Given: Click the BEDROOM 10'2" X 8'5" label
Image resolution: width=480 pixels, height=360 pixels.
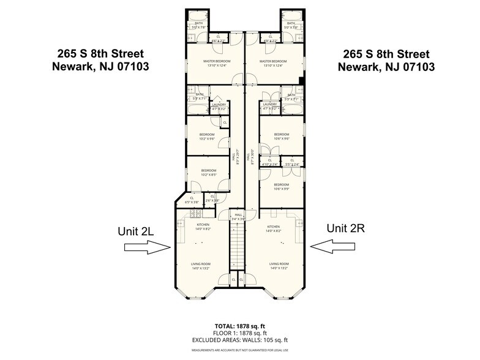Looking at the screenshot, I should click(x=209, y=173).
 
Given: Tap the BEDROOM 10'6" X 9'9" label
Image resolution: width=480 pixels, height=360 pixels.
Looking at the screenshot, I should click(x=281, y=187).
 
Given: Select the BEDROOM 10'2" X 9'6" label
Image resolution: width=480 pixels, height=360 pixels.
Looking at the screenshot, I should click(x=207, y=137).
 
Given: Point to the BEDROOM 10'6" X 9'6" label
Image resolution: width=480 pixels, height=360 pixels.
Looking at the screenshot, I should click(x=281, y=137).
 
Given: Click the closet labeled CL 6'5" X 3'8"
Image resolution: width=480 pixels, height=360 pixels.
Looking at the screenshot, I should click(x=192, y=200).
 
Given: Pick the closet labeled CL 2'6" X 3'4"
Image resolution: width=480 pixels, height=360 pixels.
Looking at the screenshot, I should click(x=212, y=200).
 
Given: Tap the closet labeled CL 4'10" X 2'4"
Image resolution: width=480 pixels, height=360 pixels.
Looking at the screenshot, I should click(x=269, y=162).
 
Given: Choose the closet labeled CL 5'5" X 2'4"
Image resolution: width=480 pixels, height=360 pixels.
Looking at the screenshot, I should click(x=292, y=162).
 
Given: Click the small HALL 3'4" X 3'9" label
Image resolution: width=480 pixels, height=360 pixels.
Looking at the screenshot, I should click(x=239, y=217).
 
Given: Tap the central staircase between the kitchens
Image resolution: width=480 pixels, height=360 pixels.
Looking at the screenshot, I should click(x=239, y=245).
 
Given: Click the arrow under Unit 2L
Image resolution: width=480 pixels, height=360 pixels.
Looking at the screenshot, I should click(x=147, y=247).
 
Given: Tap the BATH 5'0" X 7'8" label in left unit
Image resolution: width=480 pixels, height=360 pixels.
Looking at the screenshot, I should click(x=198, y=25).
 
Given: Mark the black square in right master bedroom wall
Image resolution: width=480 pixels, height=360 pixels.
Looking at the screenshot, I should click(x=301, y=80).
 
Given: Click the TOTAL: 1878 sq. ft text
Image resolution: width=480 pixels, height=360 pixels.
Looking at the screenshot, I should click(x=239, y=326).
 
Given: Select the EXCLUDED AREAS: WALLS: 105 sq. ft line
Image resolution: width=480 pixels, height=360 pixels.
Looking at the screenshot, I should click(x=239, y=340).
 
